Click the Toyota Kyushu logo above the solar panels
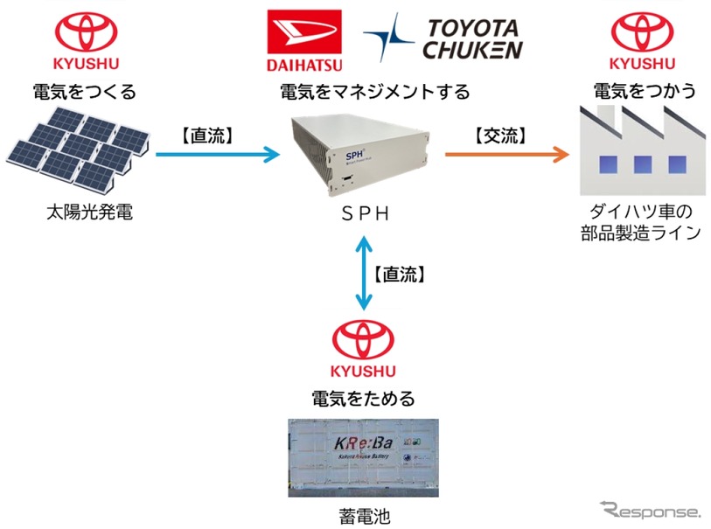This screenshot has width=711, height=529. click(x=86, y=41)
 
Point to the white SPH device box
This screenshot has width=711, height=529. click(x=362, y=157)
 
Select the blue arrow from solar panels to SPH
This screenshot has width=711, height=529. click(x=218, y=155)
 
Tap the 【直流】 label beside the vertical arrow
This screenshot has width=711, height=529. click(x=399, y=275)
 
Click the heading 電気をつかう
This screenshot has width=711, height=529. click(x=645, y=91)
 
